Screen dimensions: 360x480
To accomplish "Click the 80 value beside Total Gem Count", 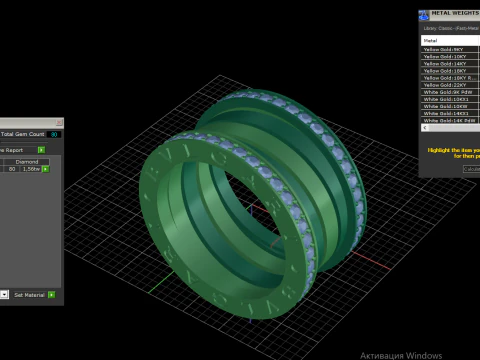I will (54, 133).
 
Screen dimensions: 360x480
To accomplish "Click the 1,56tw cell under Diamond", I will (31, 169).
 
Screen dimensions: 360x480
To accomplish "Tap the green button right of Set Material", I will (57, 295).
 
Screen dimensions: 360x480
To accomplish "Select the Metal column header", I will (431, 41).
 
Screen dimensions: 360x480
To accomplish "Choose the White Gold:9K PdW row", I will (446, 92).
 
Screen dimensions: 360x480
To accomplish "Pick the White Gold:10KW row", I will (444, 99).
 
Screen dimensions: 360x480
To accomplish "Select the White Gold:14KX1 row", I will (445, 113).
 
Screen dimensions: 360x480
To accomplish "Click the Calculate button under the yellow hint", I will (471, 168).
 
